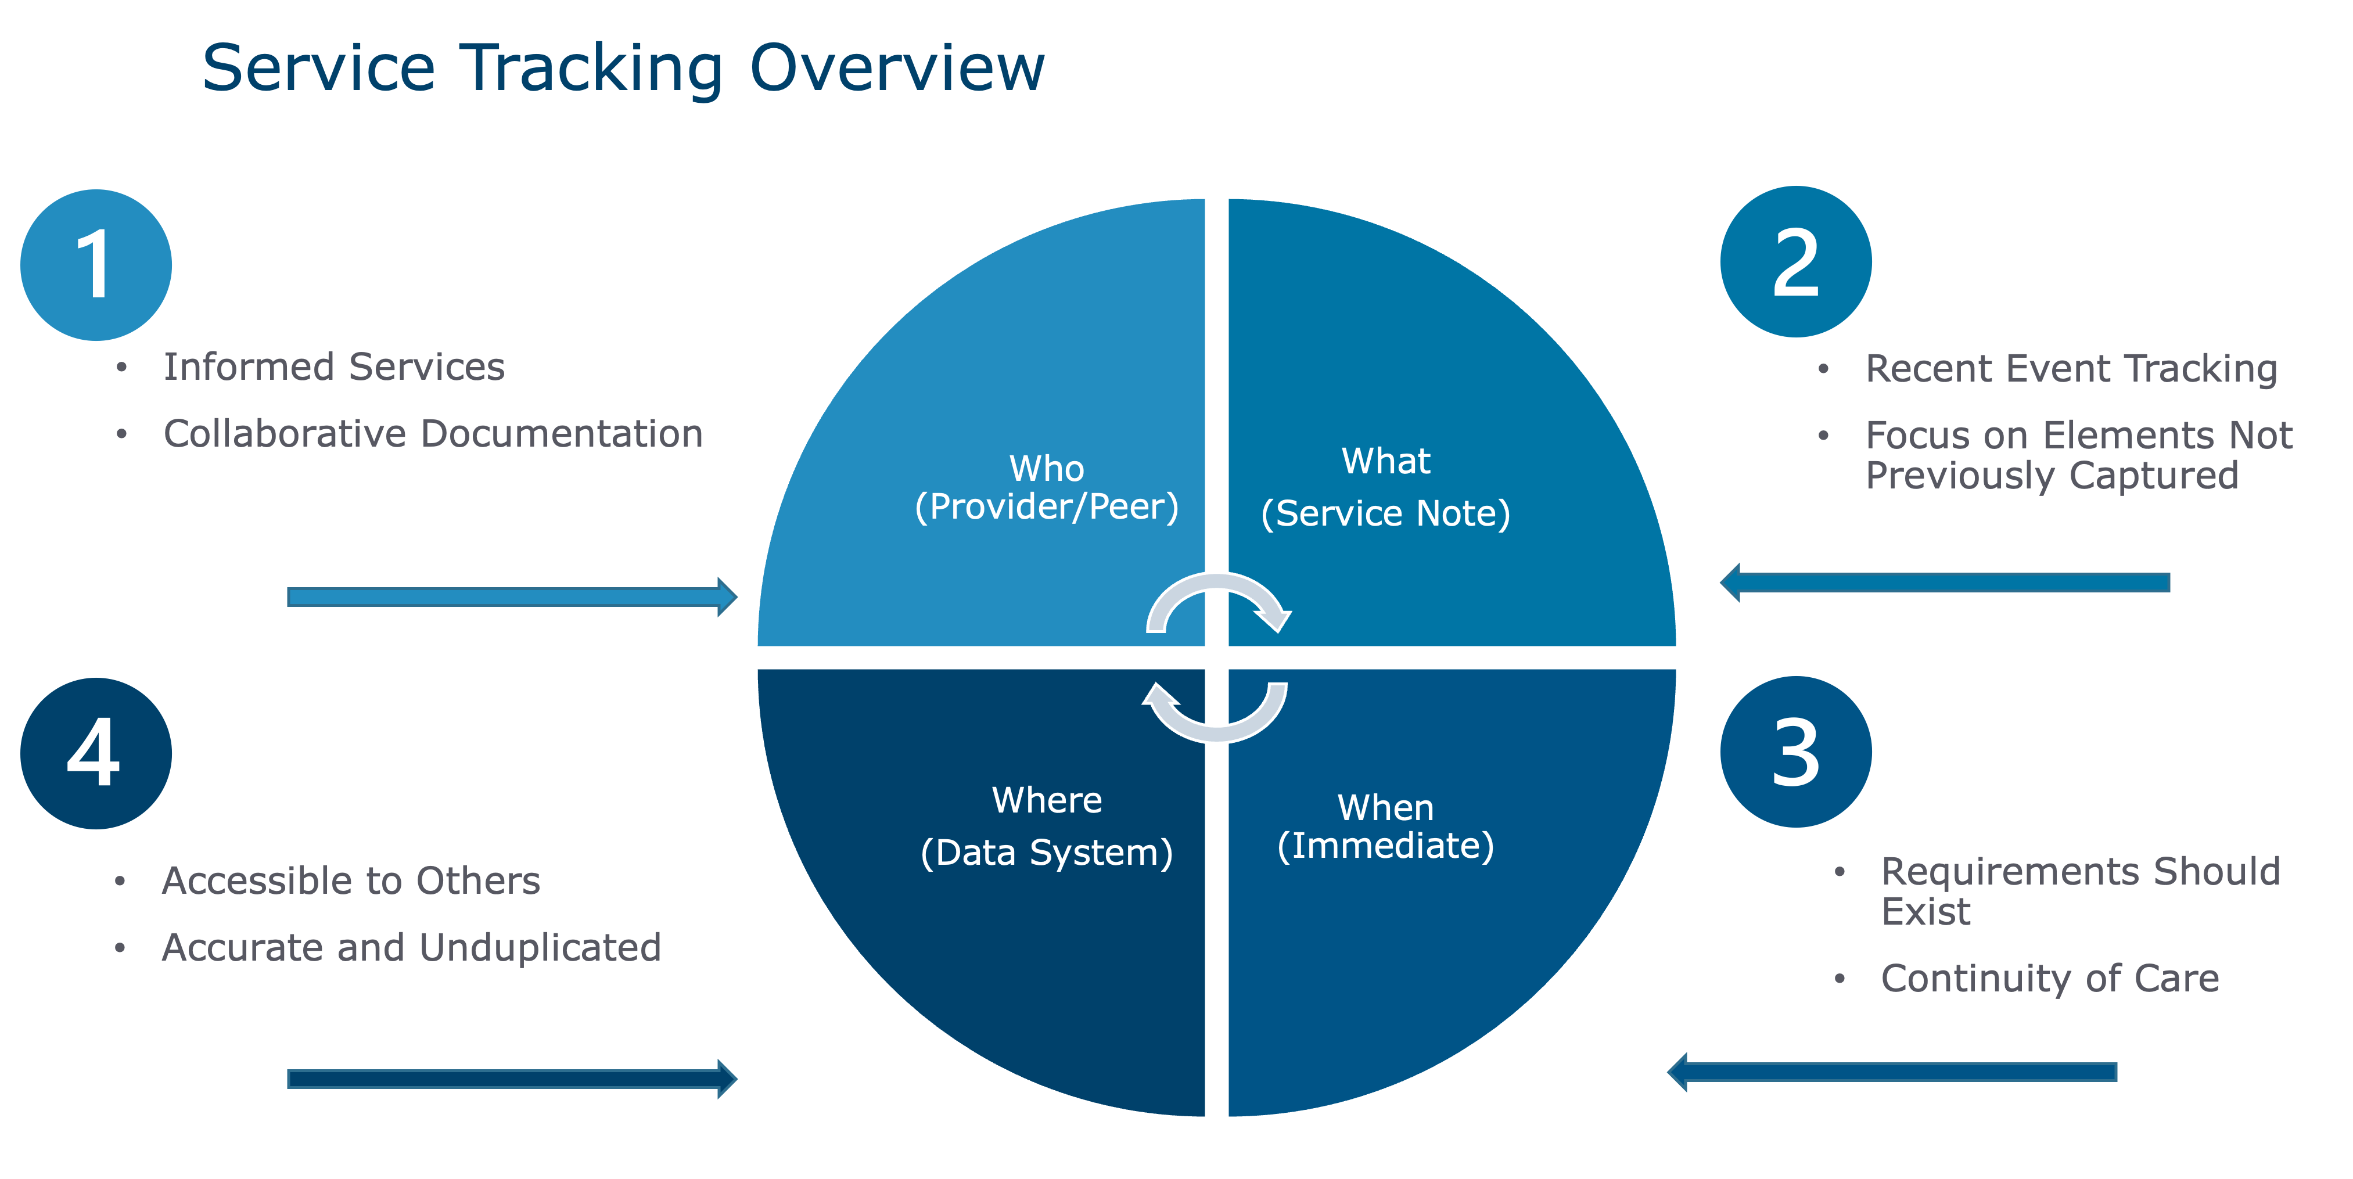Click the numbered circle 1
96,265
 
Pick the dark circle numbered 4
96,753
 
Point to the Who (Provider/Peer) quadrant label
1047,488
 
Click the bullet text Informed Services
333,367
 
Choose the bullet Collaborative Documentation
433,434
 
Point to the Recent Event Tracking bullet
2071,369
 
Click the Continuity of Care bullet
2050,978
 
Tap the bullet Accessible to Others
351,881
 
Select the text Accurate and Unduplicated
411,948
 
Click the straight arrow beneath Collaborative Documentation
512,597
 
